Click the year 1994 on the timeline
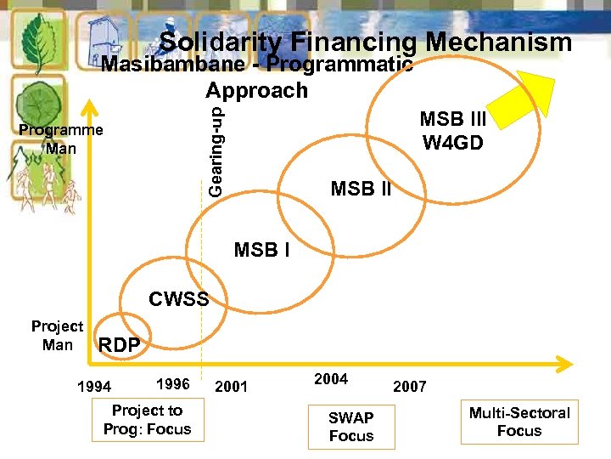93,388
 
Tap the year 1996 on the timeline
173,384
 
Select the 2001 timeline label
231,388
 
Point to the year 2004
331,379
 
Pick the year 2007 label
410,387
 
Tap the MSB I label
261,251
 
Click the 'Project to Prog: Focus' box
147,420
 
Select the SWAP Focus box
351,427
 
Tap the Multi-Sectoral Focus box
519,422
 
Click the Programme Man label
61,139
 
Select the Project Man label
58,336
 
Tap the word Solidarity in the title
221,42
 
